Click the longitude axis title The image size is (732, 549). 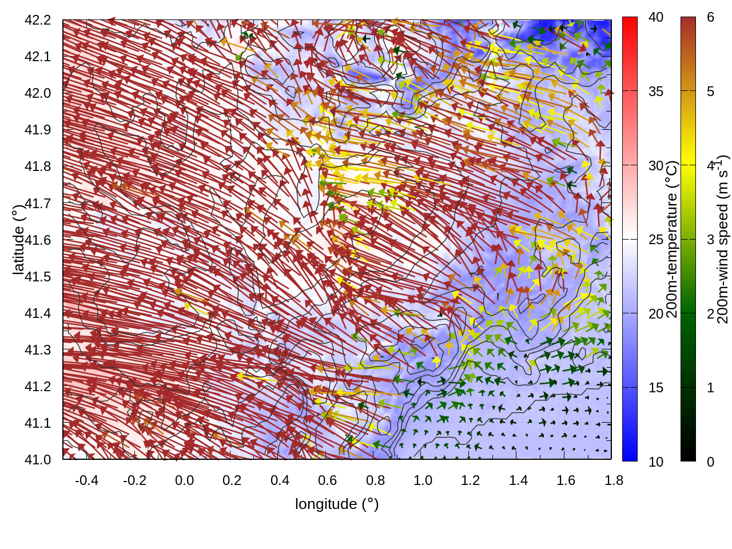click(x=337, y=504)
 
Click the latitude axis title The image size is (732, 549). click(x=18, y=239)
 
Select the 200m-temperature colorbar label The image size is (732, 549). click(x=672, y=239)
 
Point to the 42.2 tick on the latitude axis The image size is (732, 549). click(x=38, y=20)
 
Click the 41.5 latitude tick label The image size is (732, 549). click(x=38, y=277)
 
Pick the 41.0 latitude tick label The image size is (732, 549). click(x=38, y=460)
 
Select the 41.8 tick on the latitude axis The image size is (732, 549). click(x=38, y=166)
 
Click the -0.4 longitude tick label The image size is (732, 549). click(x=86, y=480)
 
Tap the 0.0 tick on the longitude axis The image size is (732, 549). click(x=184, y=480)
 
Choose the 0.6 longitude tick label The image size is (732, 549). click(x=328, y=480)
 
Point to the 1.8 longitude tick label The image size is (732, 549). click(x=614, y=480)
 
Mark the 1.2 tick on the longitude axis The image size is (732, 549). click(x=471, y=480)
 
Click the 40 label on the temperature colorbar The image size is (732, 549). click(x=656, y=17)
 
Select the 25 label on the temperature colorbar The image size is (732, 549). click(x=656, y=240)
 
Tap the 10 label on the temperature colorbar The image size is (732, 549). click(x=656, y=462)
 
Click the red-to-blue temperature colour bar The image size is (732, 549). click(x=630, y=239)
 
